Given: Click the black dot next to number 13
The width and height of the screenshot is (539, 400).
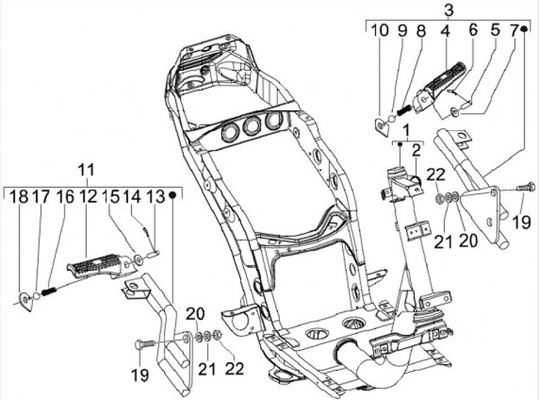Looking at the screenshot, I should point(173,196).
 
